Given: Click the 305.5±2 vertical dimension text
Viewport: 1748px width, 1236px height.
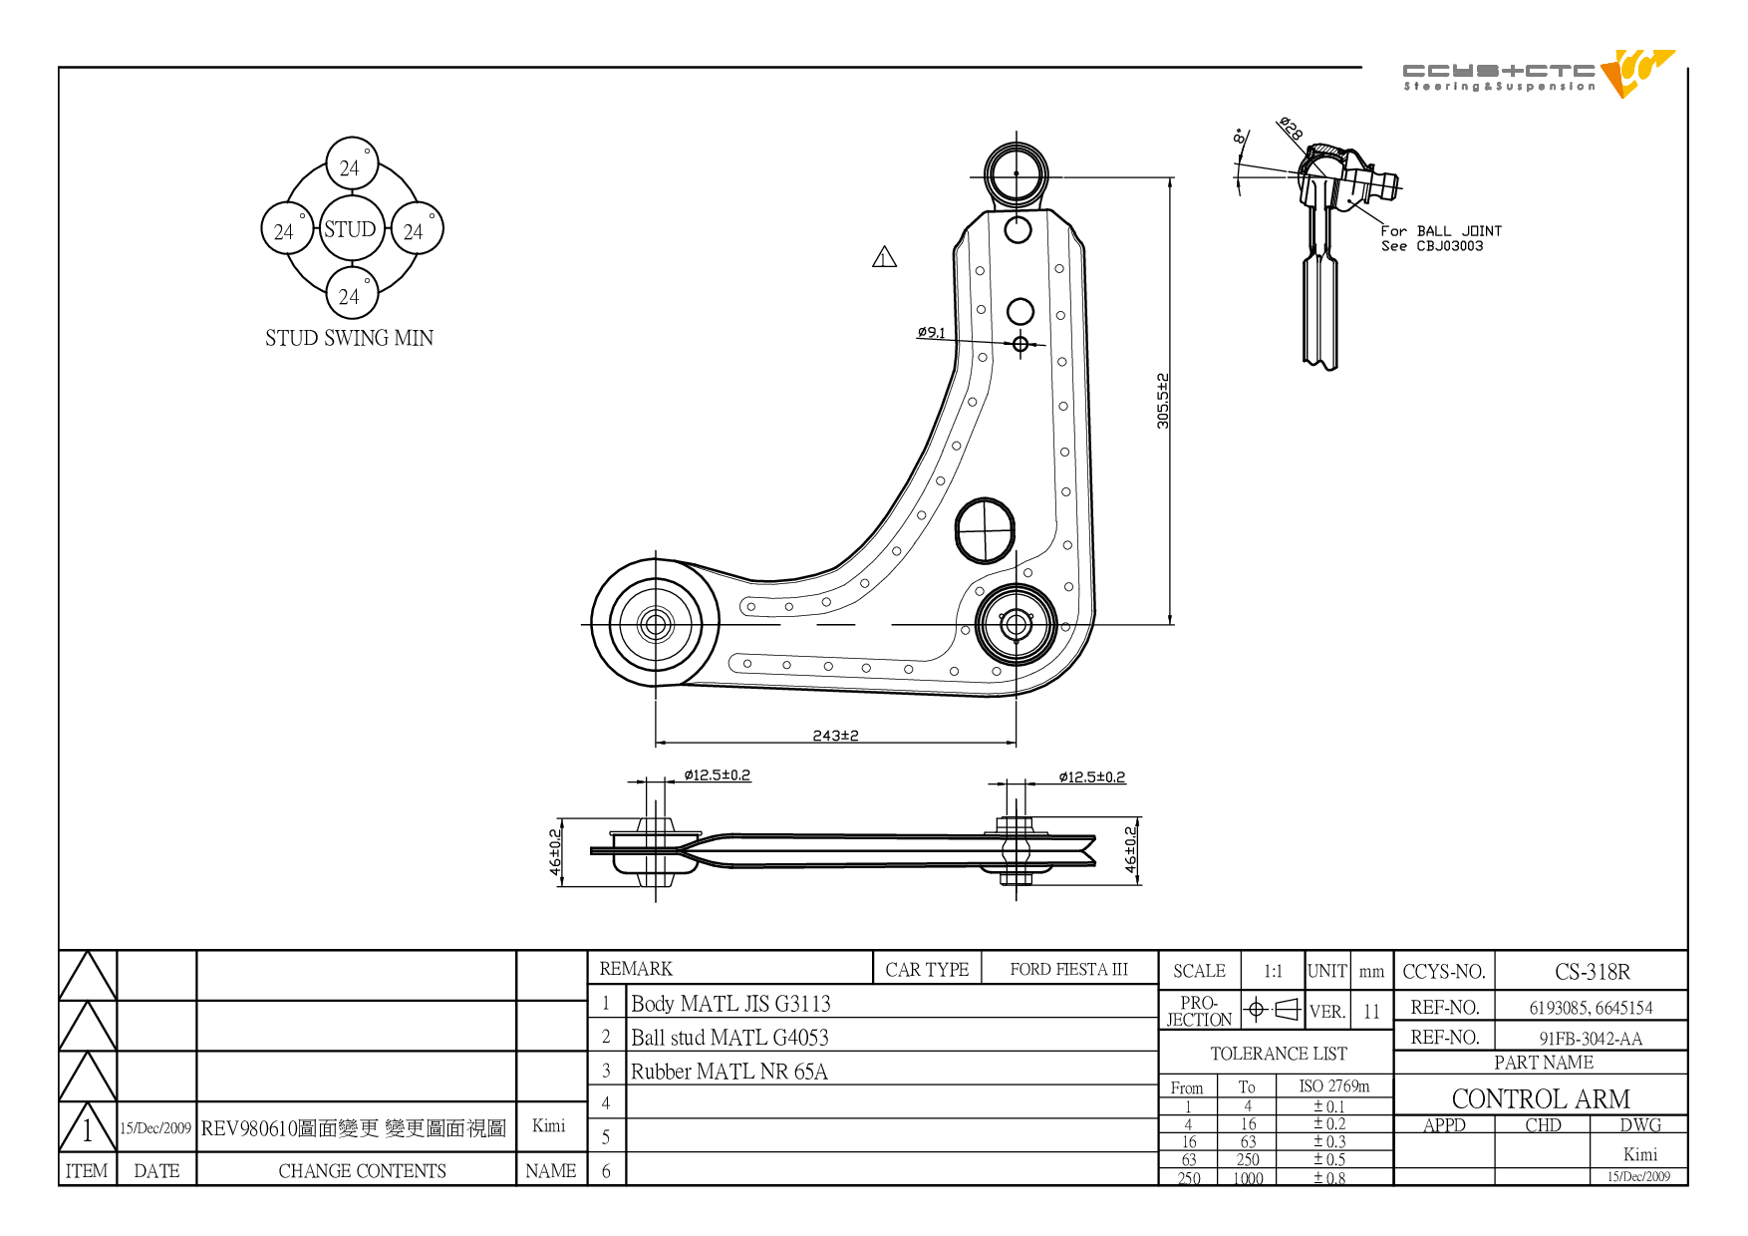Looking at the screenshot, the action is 1163,401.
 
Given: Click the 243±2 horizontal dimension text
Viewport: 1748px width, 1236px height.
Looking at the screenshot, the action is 835,736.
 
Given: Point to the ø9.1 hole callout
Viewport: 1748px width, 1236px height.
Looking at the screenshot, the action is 931,332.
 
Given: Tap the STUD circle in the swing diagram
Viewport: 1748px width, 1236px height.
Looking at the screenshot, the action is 351,229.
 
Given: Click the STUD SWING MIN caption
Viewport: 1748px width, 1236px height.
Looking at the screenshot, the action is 350,338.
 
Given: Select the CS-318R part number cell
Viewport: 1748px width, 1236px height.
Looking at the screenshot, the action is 1592,972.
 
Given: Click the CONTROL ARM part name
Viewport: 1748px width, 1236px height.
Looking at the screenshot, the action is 1541,1098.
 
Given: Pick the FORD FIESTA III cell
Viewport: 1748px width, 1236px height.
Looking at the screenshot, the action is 1068,969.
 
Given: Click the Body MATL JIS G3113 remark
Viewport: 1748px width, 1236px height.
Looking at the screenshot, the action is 730,1004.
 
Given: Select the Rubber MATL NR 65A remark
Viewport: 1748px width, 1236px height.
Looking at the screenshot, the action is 728,1072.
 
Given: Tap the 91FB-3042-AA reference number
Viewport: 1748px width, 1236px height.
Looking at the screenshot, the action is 1591,1039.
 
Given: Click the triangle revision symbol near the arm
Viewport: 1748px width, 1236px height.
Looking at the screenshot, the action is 884,257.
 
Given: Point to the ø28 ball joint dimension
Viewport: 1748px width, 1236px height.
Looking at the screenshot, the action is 1291,129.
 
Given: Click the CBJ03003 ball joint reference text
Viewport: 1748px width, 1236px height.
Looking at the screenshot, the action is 1449,246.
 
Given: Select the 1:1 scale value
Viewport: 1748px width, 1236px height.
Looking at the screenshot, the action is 1273,971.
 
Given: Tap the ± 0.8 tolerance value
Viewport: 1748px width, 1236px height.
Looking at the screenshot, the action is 1328,1178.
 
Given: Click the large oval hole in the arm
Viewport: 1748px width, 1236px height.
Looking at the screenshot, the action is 985,530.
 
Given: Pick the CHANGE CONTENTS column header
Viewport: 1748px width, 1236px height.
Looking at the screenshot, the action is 362,1171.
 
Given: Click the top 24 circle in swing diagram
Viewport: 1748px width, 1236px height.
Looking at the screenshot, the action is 352,163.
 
